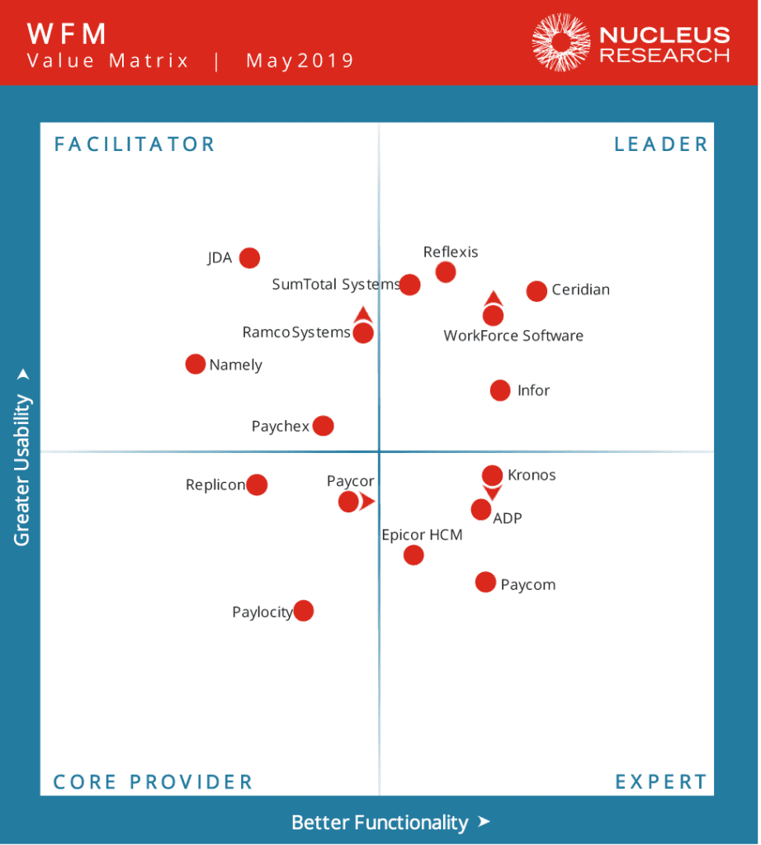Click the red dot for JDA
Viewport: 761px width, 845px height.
click(249, 258)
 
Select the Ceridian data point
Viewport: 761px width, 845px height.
click(536, 290)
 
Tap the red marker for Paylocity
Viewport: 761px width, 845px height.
click(304, 611)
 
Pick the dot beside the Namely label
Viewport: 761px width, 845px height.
click(195, 364)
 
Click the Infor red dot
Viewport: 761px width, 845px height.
click(500, 390)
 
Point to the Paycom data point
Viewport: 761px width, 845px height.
click(485, 583)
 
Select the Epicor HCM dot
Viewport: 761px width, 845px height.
click(414, 555)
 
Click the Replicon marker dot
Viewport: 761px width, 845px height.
click(257, 484)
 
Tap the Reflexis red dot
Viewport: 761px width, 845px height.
click(446, 271)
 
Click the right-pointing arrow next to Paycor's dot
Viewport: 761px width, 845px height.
click(366, 501)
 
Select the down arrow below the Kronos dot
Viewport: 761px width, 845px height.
click(492, 493)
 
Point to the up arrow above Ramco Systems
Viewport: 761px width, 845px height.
click(362, 314)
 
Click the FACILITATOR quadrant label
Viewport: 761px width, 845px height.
click(135, 144)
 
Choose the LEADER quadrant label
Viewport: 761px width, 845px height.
click(661, 144)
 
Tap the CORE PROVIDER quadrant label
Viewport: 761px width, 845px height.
click(153, 781)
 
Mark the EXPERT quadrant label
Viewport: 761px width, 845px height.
click(661, 781)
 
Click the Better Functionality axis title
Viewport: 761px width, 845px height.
click(380, 823)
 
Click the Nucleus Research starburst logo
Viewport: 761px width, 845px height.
click(561, 42)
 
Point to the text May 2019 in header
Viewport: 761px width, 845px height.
click(300, 60)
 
